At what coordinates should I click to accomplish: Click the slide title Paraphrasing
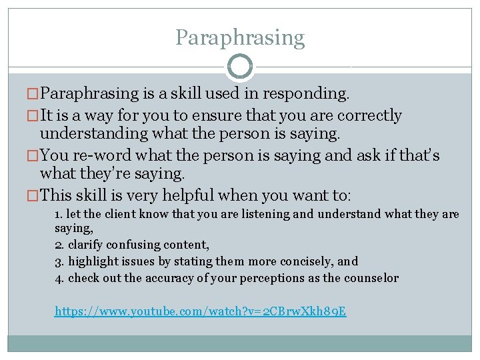[240, 37]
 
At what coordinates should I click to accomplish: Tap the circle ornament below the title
[240, 67]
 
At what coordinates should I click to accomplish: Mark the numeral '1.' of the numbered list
[59, 214]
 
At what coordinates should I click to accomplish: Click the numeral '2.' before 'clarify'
[59, 245]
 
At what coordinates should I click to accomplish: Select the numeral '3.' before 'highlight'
[59, 261]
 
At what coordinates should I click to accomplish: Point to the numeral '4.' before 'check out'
[59, 278]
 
